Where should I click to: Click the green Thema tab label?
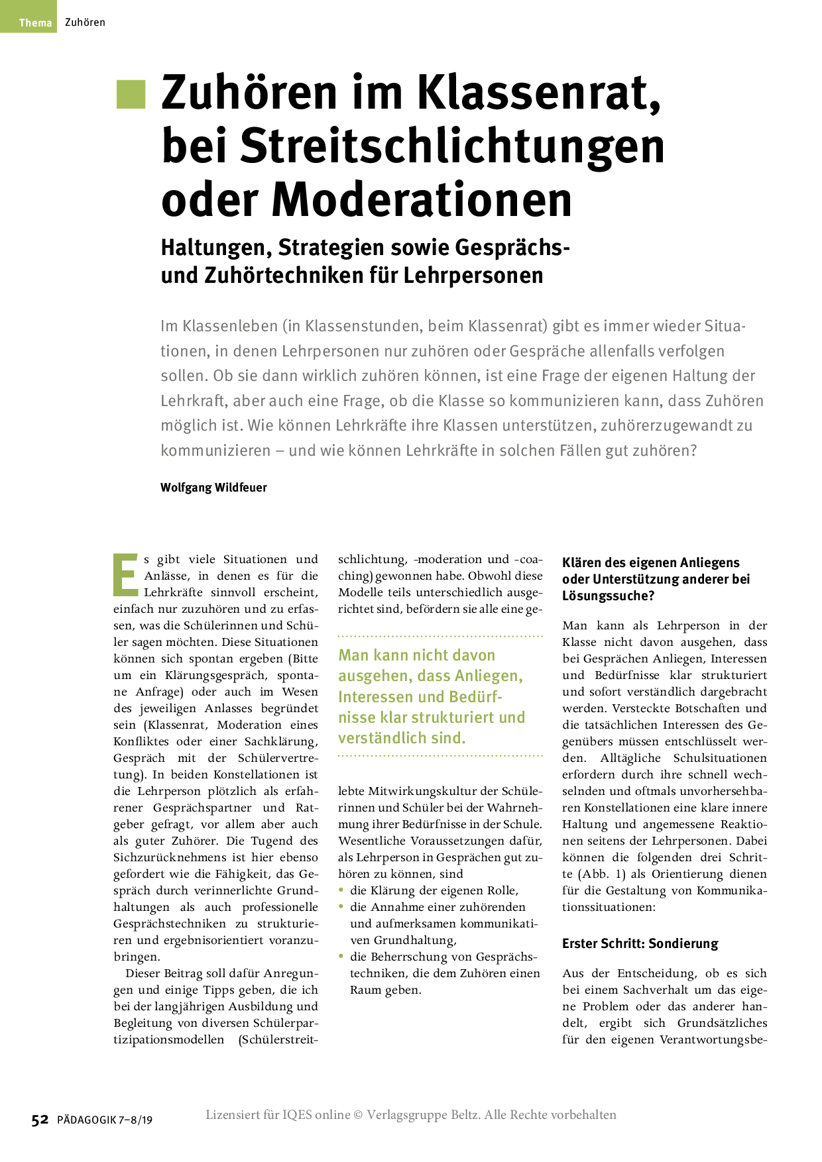coord(35,23)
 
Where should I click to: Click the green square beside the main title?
coord(131,93)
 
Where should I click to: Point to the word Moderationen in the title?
coord(422,199)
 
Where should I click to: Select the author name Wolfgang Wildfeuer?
coord(213,488)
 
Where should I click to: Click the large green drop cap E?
coord(125,574)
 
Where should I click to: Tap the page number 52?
coord(40,1120)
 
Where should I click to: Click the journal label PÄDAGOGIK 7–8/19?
coord(105,1120)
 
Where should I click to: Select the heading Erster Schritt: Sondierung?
coord(640,943)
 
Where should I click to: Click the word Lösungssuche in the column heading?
coord(605,596)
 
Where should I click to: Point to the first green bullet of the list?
coord(341,890)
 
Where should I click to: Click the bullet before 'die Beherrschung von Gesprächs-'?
coord(341,956)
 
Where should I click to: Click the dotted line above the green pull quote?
coord(440,636)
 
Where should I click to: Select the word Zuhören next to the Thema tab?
coord(85,23)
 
